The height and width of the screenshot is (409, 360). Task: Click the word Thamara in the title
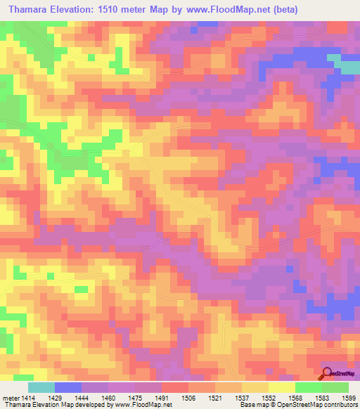(x=29, y=10)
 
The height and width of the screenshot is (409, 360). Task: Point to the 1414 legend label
(x=20, y=398)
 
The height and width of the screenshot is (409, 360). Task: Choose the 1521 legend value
(x=219, y=398)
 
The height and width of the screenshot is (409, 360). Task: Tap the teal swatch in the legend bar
(x=41, y=387)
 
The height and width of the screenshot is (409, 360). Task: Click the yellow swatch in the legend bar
(x=281, y=387)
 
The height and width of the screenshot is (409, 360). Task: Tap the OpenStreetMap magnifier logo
(x=328, y=373)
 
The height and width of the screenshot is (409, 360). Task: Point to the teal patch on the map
(x=345, y=65)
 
